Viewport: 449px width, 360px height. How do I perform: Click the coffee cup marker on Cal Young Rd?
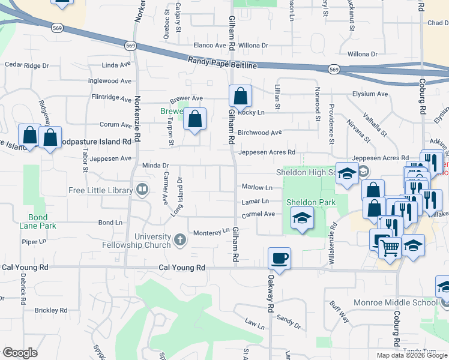coord(279,259)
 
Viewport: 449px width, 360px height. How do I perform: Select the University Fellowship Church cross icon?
coord(179,241)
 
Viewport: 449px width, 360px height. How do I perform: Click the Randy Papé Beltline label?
coord(222,62)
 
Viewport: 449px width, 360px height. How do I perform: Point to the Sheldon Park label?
coord(310,203)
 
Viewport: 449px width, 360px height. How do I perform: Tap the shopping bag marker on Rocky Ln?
coord(240,96)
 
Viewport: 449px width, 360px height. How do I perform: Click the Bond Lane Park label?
coord(41,221)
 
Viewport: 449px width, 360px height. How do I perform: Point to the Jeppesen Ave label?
coord(110,159)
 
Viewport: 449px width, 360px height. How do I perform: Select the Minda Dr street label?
coord(156,165)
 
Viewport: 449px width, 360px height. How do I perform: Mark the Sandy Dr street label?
coord(289,325)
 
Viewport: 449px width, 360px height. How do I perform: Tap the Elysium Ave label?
coord(370,94)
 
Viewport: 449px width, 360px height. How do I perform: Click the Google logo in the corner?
coord(20,353)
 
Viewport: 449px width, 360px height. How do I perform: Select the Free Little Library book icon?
coord(142,191)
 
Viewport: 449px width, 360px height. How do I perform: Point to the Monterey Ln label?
coord(210,231)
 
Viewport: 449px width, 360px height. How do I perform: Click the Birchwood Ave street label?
coord(260,133)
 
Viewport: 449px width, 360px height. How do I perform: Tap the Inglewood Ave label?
coord(110,81)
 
